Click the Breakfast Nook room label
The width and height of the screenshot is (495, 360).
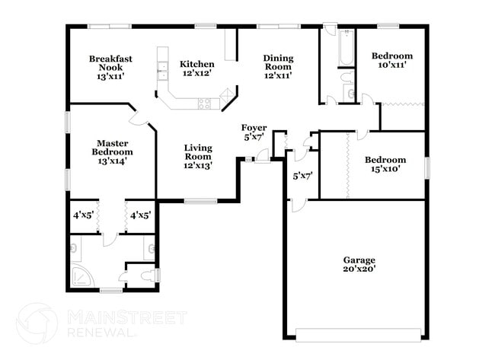(x=110, y=67)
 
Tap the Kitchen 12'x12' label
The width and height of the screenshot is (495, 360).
(x=196, y=68)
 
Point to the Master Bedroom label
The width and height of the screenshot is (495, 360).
(x=111, y=151)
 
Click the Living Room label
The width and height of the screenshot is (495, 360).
(x=197, y=156)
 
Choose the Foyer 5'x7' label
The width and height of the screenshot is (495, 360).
(x=254, y=132)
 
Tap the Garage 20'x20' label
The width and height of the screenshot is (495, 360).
(x=358, y=264)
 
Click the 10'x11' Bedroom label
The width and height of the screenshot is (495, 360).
(x=391, y=60)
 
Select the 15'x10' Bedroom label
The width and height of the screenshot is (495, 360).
(x=385, y=164)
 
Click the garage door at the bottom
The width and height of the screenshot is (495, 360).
(x=358, y=333)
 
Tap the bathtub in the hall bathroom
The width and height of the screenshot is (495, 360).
(x=346, y=47)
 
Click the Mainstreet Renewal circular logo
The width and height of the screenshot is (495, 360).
(x=36, y=323)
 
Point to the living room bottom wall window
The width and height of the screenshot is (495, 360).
(x=201, y=201)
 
